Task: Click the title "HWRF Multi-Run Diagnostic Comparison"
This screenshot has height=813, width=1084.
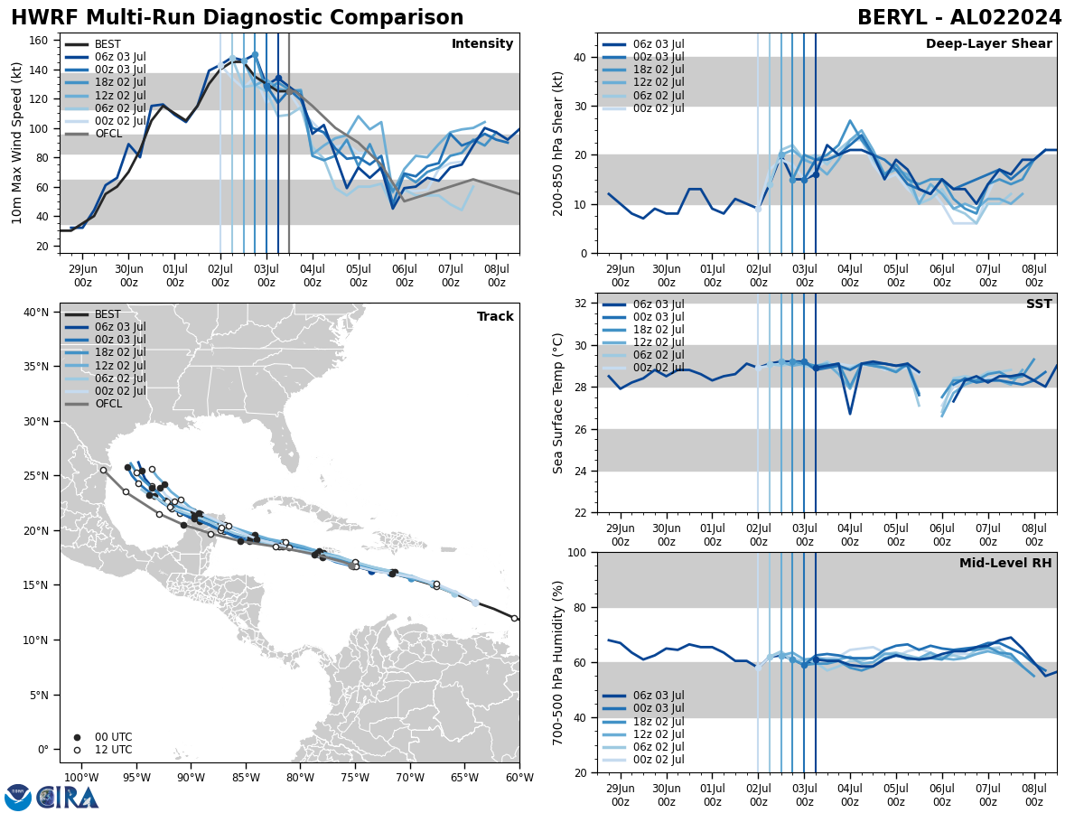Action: [x=237, y=18]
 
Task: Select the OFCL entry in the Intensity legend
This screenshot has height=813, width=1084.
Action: [x=107, y=134]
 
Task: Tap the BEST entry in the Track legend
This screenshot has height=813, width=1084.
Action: [x=107, y=314]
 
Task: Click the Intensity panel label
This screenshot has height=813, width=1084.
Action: [x=481, y=44]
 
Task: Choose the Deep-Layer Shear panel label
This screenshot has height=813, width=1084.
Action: [x=988, y=44]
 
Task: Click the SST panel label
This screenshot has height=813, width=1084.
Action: [x=1038, y=304]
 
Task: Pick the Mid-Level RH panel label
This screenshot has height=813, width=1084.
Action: [x=1005, y=564]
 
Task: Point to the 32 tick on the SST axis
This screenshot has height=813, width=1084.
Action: [x=582, y=304]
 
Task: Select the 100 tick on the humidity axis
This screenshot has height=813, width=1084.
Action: [x=578, y=552]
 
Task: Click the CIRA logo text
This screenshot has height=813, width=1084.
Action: [x=68, y=797]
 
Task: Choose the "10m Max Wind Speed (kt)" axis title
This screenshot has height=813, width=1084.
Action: [x=17, y=144]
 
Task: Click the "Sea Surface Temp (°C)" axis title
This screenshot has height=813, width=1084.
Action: [x=558, y=403]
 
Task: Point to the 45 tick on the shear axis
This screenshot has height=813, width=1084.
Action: [x=582, y=33]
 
